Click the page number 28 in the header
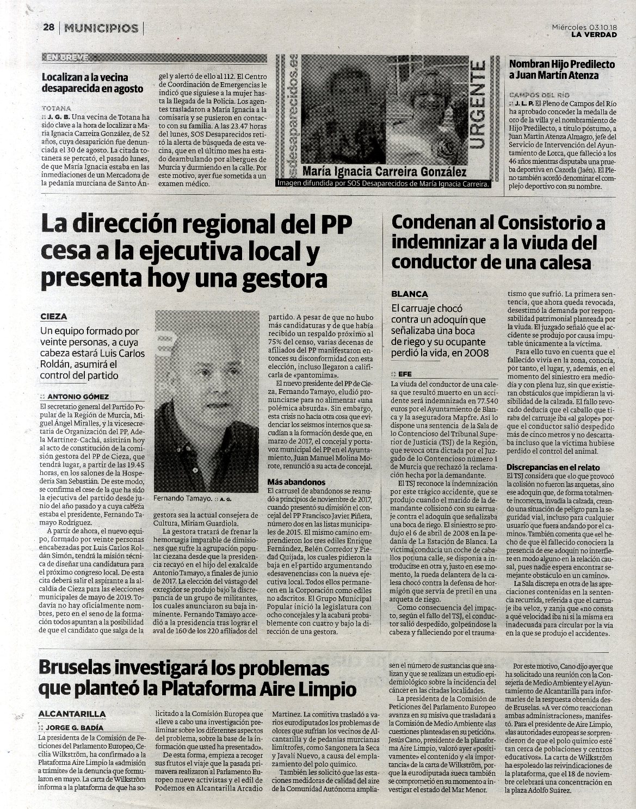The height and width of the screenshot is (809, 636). (x=49, y=28)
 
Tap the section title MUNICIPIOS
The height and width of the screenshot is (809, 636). (x=101, y=28)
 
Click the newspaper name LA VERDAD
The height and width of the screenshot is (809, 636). (x=594, y=35)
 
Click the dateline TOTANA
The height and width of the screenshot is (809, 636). (x=55, y=108)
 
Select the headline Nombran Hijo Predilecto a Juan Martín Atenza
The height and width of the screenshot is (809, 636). (x=561, y=70)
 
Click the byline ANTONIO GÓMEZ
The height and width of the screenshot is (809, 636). (x=78, y=397)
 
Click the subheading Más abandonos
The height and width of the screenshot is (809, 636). (x=297, y=482)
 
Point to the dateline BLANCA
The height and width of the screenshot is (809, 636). (x=410, y=294)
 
